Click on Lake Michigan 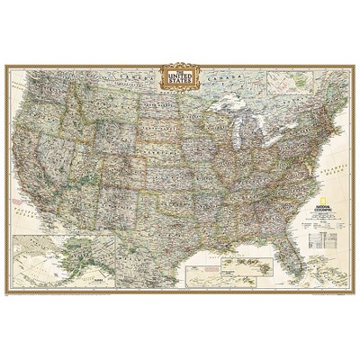point(235,134)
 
